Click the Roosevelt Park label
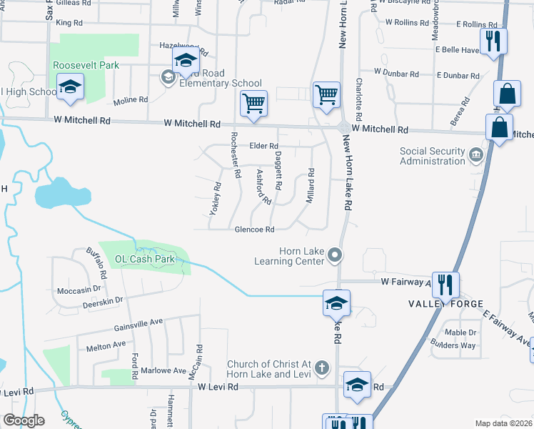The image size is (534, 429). pyautogui.click(x=86, y=65)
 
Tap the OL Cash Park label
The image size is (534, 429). pyautogui.click(x=140, y=259)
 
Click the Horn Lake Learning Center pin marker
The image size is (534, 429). pyautogui.click(x=335, y=256)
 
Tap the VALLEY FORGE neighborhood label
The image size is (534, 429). pyautogui.click(x=440, y=304)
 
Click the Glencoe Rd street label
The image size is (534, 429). pyautogui.click(x=255, y=230)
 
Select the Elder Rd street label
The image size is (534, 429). pyautogui.click(x=263, y=146)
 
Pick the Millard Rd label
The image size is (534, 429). pyautogui.click(x=311, y=185)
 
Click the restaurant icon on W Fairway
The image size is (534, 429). pyautogui.click(x=445, y=285)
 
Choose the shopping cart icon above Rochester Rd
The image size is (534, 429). pyautogui.click(x=253, y=103)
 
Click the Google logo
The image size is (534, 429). pyautogui.click(x=24, y=420)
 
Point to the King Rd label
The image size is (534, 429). pyautogui.click(x=69, y=23)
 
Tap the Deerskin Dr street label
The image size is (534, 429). pyautogui.click(x=104, y=301)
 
